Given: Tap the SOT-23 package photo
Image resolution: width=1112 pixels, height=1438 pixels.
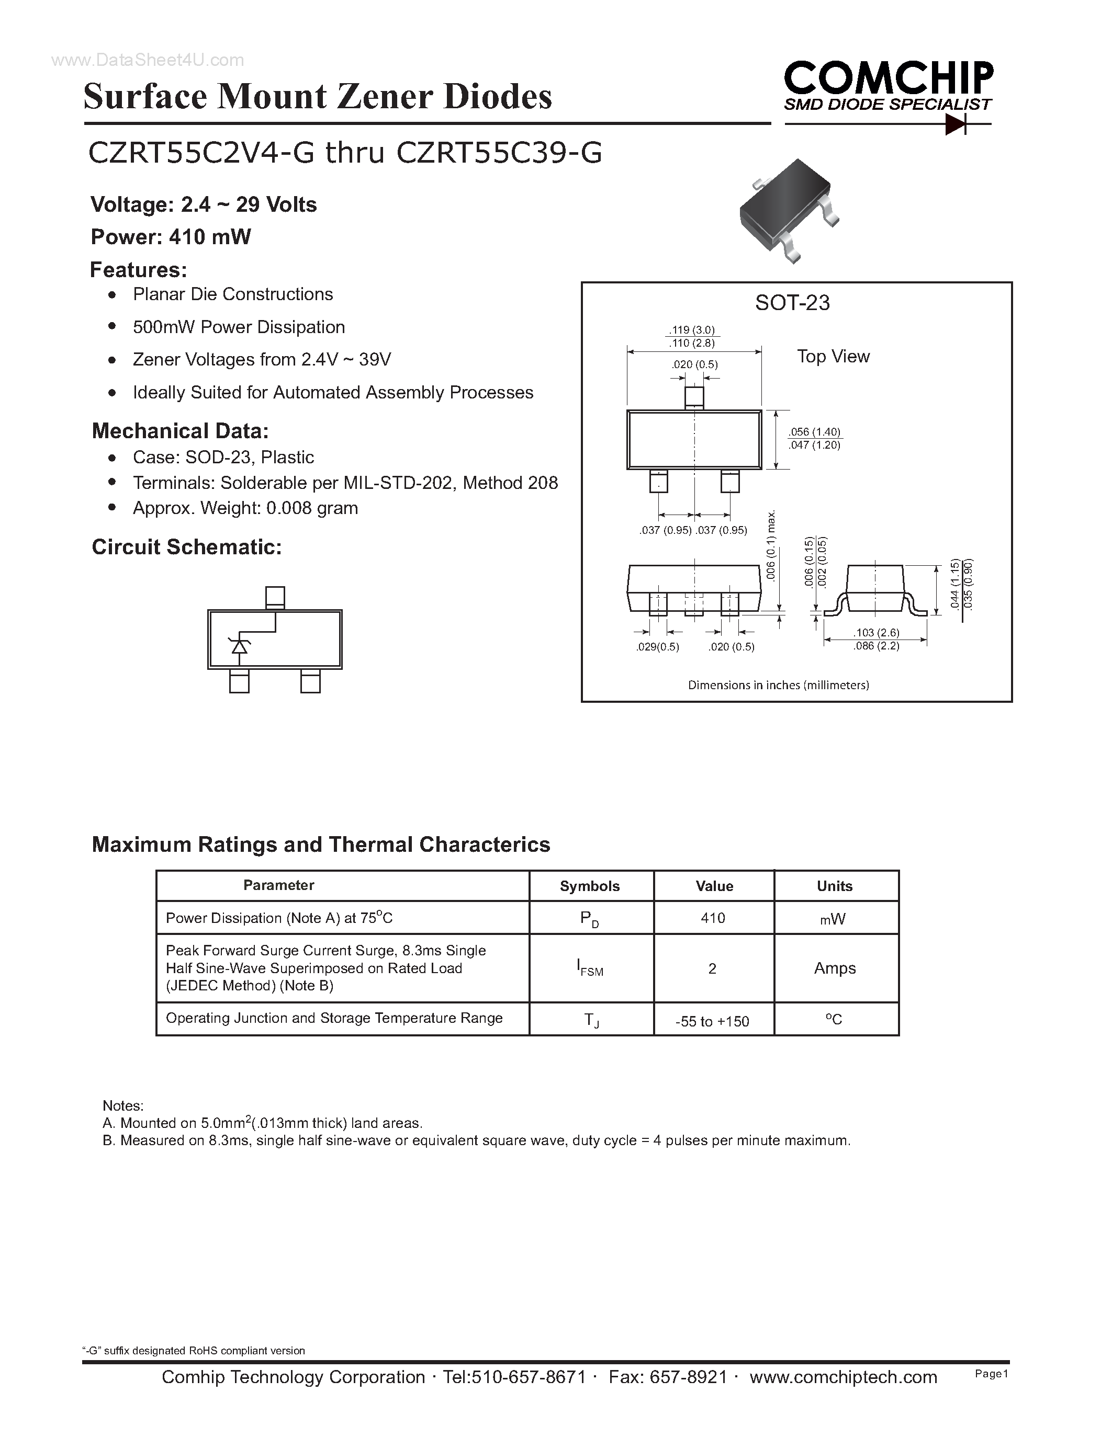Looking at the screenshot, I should (x=788, y=209).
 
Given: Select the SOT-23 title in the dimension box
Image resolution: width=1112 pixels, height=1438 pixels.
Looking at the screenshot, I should (x=792, y=303).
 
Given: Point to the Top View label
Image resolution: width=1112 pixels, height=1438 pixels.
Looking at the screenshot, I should (x=833, y=356).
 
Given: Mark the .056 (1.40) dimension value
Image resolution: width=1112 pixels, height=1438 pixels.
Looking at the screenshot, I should (x=815, y=432).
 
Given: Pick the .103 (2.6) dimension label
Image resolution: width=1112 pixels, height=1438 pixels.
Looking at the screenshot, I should (x=876, y=633).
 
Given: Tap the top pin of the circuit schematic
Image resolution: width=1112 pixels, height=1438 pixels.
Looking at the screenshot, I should (x=275, y=597).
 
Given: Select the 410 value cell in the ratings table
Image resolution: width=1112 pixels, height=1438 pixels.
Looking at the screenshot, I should (x=713, y=918).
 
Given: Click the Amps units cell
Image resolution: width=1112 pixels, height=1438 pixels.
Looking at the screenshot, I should (x=835, y=968).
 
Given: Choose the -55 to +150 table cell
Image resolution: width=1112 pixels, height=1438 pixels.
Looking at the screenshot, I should (x=712, y=1021).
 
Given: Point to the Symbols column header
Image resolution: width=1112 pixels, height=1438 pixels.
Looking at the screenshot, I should (x=590, y=886).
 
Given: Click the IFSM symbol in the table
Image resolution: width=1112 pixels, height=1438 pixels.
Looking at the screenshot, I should (x=590, y=968).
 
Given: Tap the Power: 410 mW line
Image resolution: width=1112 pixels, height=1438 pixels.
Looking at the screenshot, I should (x=171, y=237).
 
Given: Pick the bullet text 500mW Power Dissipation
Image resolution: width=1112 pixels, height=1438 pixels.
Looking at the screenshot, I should (x=239, y=327).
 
